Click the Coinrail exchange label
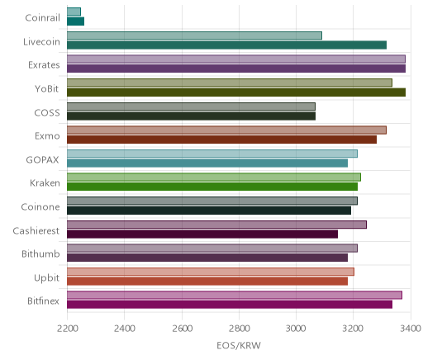click(42, 18)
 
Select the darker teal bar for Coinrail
click(75, 21)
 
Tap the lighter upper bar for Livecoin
click(194, 36)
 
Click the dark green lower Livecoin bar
click(226, 45)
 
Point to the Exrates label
click(44, 65)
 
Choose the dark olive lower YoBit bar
click(236, 92)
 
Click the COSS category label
click(47, 112)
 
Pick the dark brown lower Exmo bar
click(221, 140)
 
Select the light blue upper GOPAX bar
click(212, 154)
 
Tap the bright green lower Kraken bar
click(212, 187)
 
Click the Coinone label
click(40, 206)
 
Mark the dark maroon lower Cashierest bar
click(202, 234)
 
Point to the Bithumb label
click(40, 253)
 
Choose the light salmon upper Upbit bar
click(211, 272)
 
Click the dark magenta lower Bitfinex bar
click(230, 305)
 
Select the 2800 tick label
click(239, 329)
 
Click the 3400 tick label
click(411, 329)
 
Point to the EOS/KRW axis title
click(239, 345)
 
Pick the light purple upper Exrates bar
click(236, 59)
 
